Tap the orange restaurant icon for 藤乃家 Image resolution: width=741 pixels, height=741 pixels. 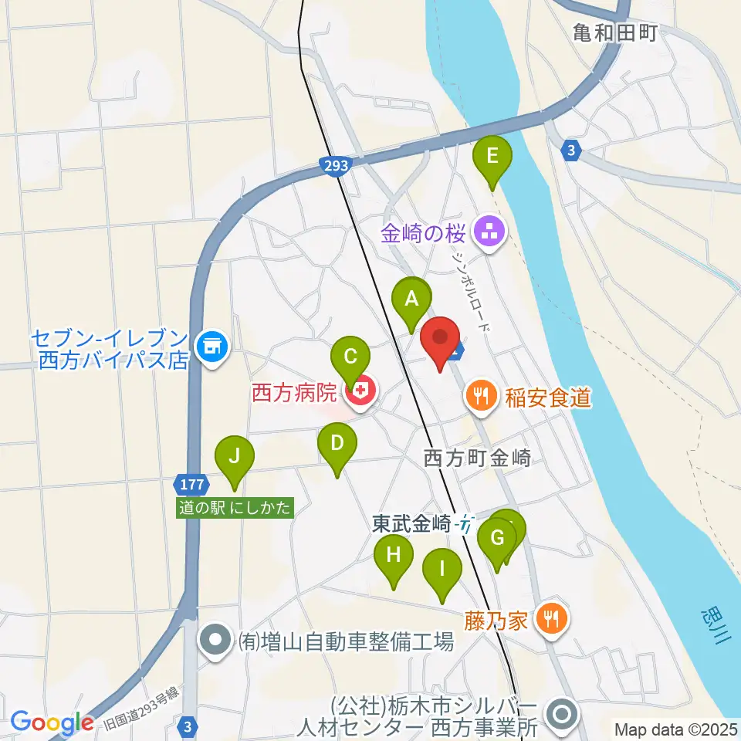point(552,618)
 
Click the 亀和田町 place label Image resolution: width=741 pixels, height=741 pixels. point(614,32)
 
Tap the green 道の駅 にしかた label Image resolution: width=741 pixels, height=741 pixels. point(236,509)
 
